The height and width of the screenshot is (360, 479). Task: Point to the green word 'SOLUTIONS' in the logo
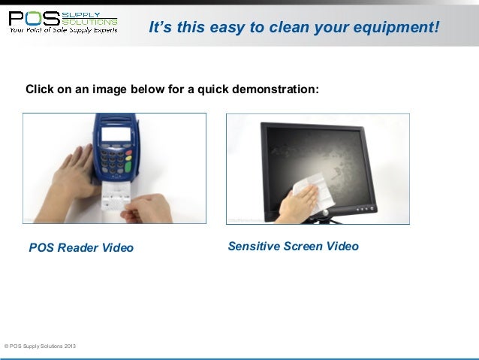95,22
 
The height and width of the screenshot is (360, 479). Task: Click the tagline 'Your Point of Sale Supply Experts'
63,32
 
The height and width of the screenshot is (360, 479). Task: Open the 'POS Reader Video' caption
81,247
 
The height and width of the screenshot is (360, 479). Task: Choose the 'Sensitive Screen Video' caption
293,246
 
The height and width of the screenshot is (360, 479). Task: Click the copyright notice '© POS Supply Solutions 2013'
39,346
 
